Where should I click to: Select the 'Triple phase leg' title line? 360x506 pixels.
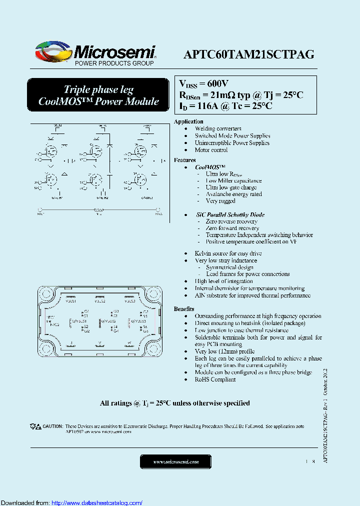(98, 90)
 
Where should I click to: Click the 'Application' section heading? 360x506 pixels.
(188, 121)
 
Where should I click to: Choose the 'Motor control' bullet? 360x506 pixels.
(211, 149)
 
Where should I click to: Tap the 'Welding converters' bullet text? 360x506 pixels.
(218, 128)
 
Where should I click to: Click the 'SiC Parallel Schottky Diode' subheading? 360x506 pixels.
(230, 214)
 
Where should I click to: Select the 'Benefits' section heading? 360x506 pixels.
(184, 309)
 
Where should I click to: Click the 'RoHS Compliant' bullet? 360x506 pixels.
(215, 379)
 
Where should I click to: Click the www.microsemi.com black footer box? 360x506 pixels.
(176, 461)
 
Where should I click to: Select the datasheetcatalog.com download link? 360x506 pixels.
(97, 502)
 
